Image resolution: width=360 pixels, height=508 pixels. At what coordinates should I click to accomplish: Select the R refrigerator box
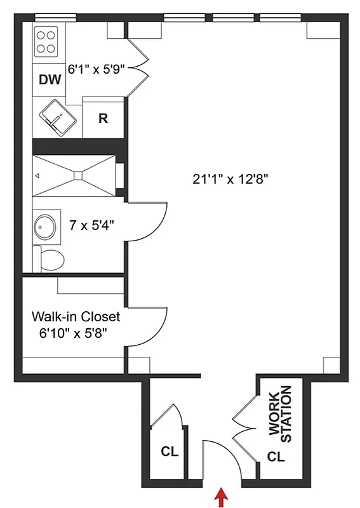(103, 117)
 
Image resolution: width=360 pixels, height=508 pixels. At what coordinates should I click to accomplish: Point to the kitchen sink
(59, 118)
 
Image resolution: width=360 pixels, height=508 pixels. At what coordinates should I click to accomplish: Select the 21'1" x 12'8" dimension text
(231, 179)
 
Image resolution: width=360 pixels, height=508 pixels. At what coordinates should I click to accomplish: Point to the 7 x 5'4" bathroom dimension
(91, 224)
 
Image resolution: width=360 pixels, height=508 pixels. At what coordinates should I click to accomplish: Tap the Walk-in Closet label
(76, 316)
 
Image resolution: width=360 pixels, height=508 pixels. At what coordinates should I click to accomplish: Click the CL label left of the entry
(169, 452)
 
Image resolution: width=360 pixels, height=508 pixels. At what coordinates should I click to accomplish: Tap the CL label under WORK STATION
(276, 456)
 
